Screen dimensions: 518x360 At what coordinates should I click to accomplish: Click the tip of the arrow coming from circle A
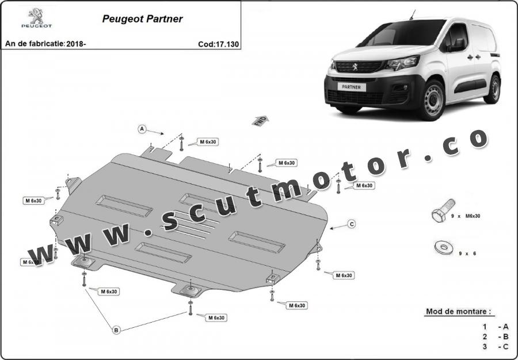tap(164, 134)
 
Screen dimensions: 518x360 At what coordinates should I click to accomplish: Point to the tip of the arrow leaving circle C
tap(330, 228)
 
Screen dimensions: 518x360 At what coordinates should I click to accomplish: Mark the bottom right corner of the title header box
tap(241, 49)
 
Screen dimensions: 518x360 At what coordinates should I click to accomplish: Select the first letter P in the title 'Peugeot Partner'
tap(106, 19)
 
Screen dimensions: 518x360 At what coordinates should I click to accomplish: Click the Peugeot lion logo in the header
tap(36, 18)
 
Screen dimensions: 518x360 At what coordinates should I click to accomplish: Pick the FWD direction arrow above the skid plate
tap(260, 121)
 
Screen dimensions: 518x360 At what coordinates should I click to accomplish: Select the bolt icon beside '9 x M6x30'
tap(443, 210)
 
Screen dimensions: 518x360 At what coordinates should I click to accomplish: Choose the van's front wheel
tap(433, 100)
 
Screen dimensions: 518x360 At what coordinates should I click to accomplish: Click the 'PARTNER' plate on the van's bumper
tap(351, 87)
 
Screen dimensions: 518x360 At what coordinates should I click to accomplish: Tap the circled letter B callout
tap(116, 330)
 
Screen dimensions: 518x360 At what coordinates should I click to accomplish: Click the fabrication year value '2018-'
tap(76, 44)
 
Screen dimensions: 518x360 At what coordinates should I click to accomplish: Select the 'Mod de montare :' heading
tap(458, 311)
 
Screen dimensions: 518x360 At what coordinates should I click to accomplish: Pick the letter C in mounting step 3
tap(505, 346)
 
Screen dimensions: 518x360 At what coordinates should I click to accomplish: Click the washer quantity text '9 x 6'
tap(467, 254)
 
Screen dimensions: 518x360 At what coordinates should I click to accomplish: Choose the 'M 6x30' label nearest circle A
tap(208, 142)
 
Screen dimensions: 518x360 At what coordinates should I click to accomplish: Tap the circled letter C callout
tap(352, 224)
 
